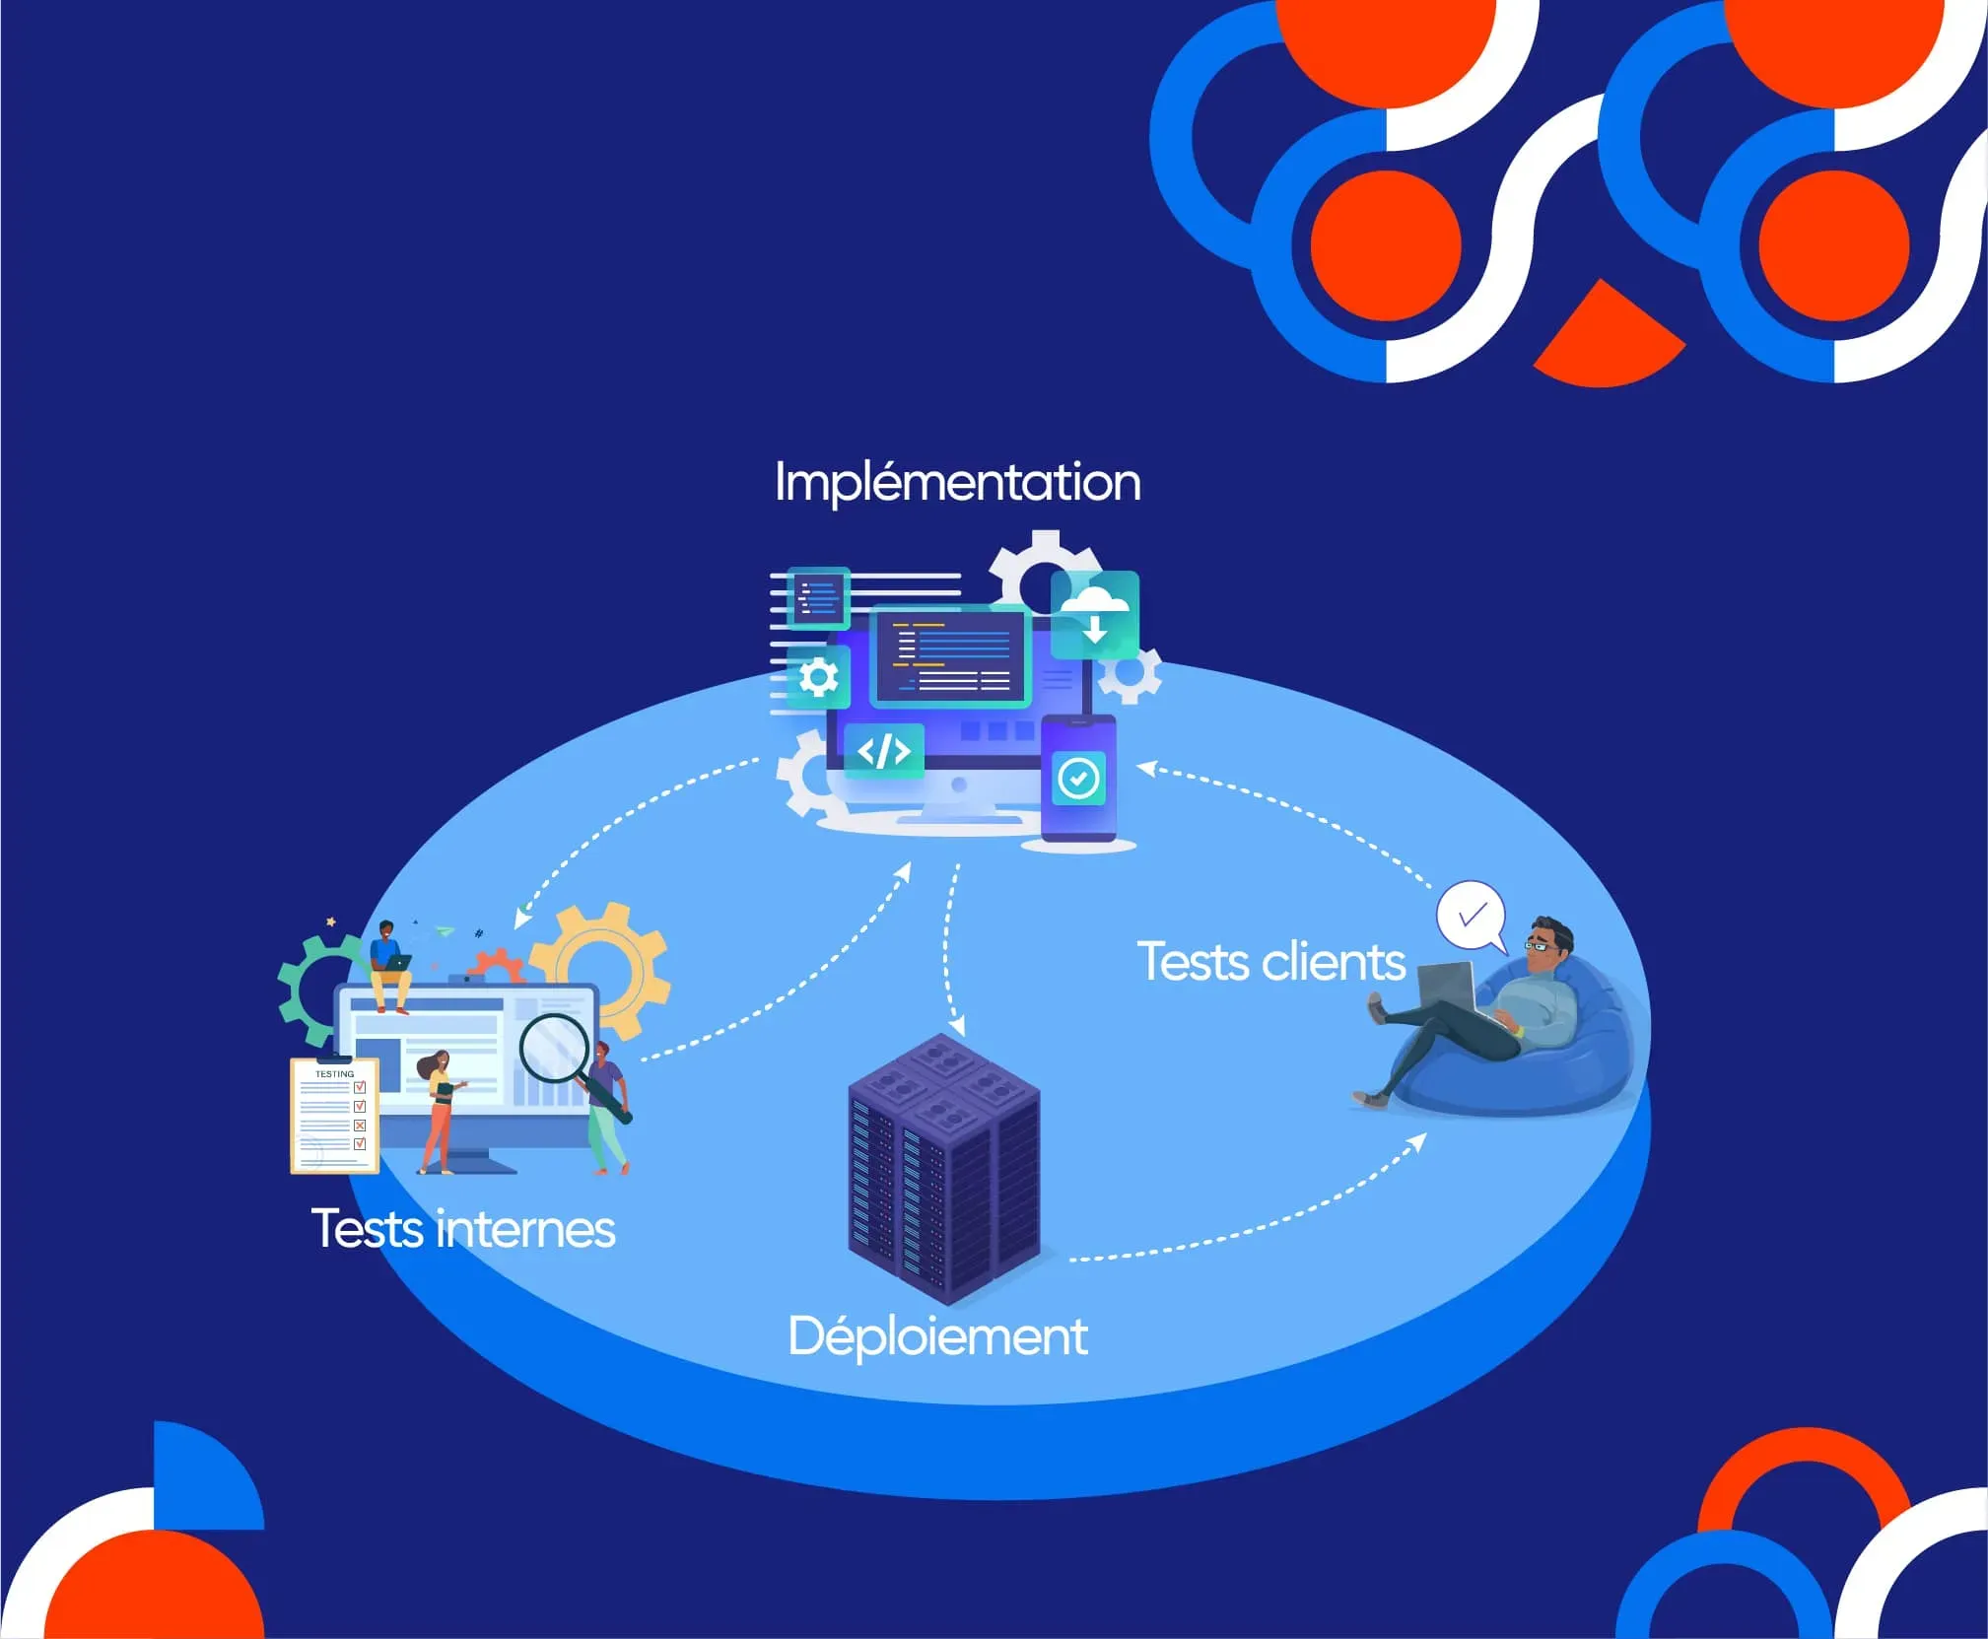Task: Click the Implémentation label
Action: pyautogui.click(x=957, y=483)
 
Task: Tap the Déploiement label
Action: pyautogui.click(x=937, y=1337)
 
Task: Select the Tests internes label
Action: pyautogui.click(x=463, y=1229)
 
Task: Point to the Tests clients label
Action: pyautogui.click(x=1271, y=962)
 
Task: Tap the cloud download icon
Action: pyautogui.click(x=1095, y=613)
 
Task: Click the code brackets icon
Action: pyautogui.click(x=884, y=751)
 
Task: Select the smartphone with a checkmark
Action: pyautogui.click(x=1078, y=779)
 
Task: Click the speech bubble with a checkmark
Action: pyautogui.click(x=1471, y=916)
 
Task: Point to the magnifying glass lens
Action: pyautogui.click(x=554, y=1049)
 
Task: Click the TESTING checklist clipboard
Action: pyautogui.click(x=334, y=1117)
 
